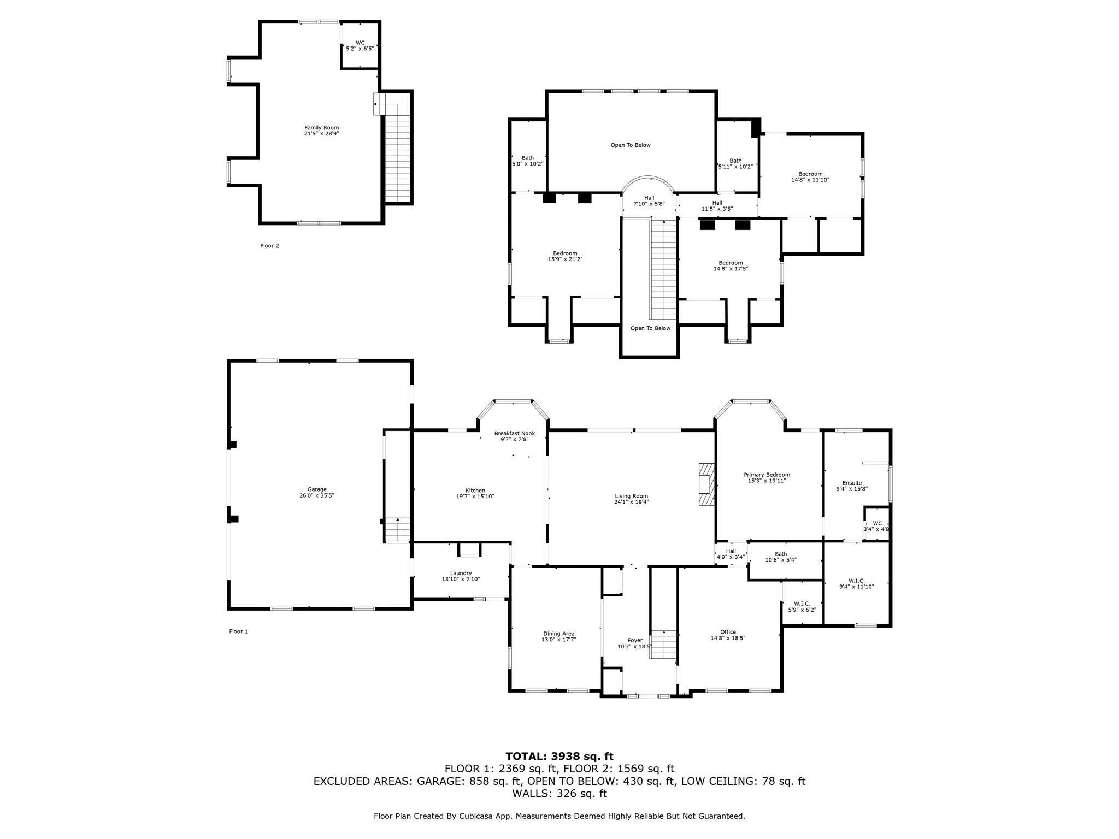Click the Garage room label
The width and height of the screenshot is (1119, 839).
pyautogui.click(x=316, y=489)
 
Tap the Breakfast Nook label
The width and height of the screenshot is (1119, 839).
pyautogui.click(x=514, y=433)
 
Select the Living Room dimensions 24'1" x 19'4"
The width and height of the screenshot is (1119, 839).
pyautogui.click(x=631, y=503)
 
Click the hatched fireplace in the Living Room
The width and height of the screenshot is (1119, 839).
pyautogui.click(x=706, y=485)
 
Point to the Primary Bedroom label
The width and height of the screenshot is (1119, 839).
pyautogui.click(x=767, y=475)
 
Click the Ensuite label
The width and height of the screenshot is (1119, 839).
pyautogui.click(x=852, y=483)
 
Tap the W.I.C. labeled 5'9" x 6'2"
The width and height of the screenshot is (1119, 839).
pyautogui.click(x=802, y=604)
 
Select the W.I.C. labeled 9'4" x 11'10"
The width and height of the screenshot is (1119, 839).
pyautogui.click(x=856, y=581)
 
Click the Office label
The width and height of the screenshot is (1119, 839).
pyautogui.click(x=728, y=632)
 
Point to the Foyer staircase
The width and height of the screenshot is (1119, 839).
pyautogui.click(x=663, y=645)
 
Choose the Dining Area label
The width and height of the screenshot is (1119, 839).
pyautogui.click(x=558, y=634)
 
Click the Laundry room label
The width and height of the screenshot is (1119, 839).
pyautogui.click(x=461, y=573)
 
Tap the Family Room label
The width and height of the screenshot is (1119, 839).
pyautogui.click(x=321, y=128)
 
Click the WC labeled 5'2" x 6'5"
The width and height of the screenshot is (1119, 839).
pyautogui.click(x=360, y=43)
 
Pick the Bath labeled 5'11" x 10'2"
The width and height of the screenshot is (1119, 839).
pyautogui.click(x=735, y=161)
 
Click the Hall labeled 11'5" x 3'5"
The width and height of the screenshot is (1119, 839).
pyautogui.click(x=717, y=203)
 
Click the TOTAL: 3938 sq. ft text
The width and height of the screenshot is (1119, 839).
pyautogui.click(x=559, y=756)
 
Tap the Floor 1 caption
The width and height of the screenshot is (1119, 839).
pyautogui.click(x=238, y=631)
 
